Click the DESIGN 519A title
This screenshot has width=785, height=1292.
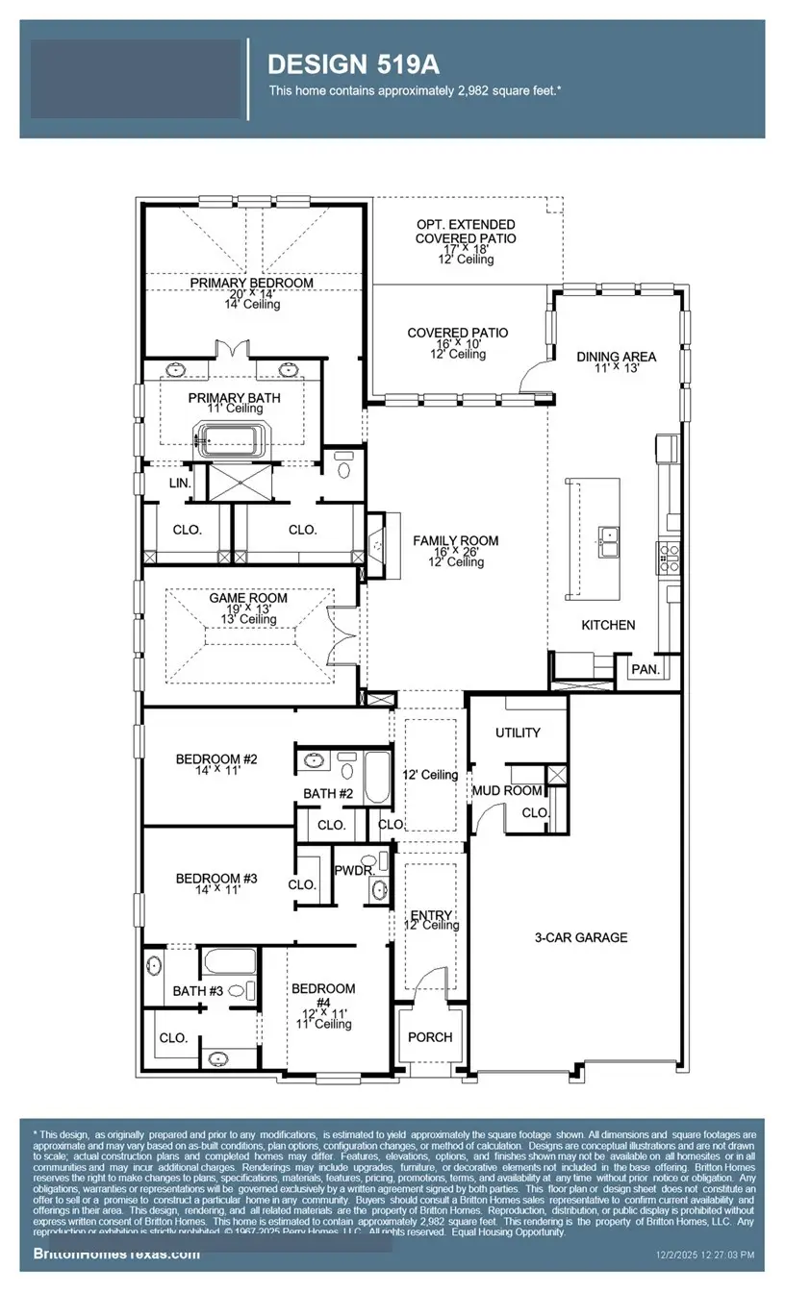click(353, 64)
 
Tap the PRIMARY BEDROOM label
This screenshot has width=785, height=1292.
click(251, 283)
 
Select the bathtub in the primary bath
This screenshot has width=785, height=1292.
click(229, 440)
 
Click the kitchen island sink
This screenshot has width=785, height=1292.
click(608, 543)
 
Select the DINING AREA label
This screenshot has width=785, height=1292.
click(616, 357)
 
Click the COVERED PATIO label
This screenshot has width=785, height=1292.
click(457, 334)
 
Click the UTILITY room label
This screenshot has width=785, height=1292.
click(518, 733)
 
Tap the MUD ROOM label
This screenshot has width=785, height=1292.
click(507, 791)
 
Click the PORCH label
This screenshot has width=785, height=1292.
click(430, 1037)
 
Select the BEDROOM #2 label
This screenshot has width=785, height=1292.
click(216, 759)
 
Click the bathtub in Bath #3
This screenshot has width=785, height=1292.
click(230, 961)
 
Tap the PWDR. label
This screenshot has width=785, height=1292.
click(347, 870)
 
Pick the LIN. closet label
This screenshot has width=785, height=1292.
click(180, 484)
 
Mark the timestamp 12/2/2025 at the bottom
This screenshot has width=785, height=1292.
click(705, 1255)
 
